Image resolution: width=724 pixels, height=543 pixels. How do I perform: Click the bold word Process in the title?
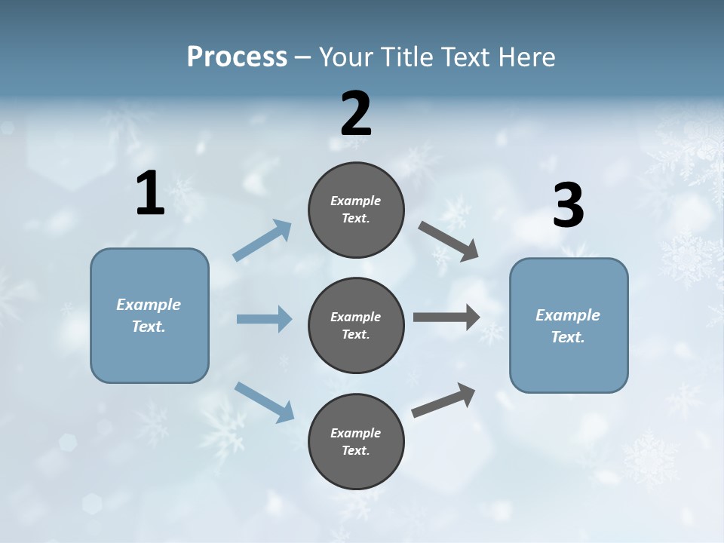pyautogui.click(x=237, y=57)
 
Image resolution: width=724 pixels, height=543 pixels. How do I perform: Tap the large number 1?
pyautogui.click(x=150, y=195)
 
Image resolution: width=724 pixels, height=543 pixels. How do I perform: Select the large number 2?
pyautogui.click(x=356, y=115)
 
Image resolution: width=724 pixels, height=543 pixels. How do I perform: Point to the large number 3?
pyautogui.click(x=568, y=206)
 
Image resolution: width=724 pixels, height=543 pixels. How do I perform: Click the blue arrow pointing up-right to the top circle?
pyautogui.click(x=262, y=240)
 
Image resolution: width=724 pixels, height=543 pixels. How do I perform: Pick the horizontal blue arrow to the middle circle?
pyautogui.click(x=264, y=319)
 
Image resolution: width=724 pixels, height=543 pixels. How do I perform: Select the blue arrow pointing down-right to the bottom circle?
pyautogui.click(x=264, y=401)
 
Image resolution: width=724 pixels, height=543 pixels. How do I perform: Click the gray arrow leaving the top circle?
pyautogui.click(x=448, y=241)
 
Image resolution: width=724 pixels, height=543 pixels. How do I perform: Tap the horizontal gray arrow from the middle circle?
pyautogui.click(x=446, y=318)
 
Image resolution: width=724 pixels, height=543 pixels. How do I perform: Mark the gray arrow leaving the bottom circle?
pyautogui.click(x=443, y=400)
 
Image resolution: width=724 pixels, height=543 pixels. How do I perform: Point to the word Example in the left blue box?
pyautogui.click(x=149, y=305)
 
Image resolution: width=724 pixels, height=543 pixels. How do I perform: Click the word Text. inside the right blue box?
pyautogui.click(x=568, y=337)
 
